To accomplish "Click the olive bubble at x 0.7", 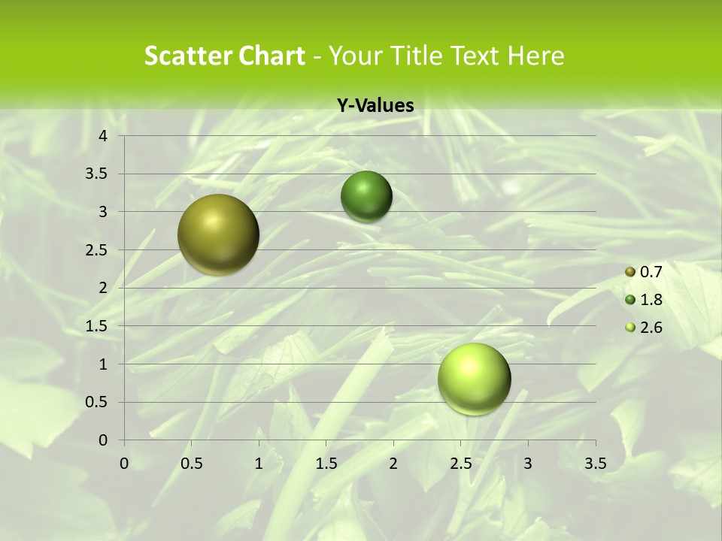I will coord(218,234).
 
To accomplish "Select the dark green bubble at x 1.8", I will coord(366,197).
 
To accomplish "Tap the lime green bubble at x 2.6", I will coord(474,379).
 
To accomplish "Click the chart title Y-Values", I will coord(375,106).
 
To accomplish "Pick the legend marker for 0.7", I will coord(630,272).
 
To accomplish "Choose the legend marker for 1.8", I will coord(630,300).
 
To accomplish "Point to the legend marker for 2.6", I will coord(630,328).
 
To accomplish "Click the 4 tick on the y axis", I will coord(104,136).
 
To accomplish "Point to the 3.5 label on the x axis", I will coord(595,464).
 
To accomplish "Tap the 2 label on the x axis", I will coord(393,464).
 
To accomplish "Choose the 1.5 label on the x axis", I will coord(326,464).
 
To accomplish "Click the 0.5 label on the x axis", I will coord(191,464).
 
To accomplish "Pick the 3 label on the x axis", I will coord(528,464).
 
